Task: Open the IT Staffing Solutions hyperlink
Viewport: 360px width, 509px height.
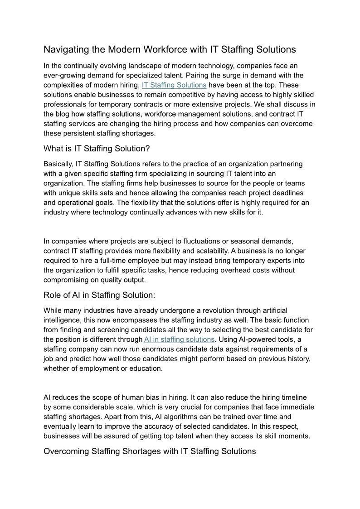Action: [x=174, y=85]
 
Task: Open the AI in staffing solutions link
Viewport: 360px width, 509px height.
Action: [x=179, y=339]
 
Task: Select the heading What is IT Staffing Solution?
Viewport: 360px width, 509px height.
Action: [x=97, y=149]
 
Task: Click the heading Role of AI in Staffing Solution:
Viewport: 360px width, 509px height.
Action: [x=99, y=295]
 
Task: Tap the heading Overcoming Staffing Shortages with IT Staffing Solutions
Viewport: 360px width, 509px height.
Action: [x=150, y=451]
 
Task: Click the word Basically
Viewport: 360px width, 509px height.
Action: [x=58, y=164]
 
